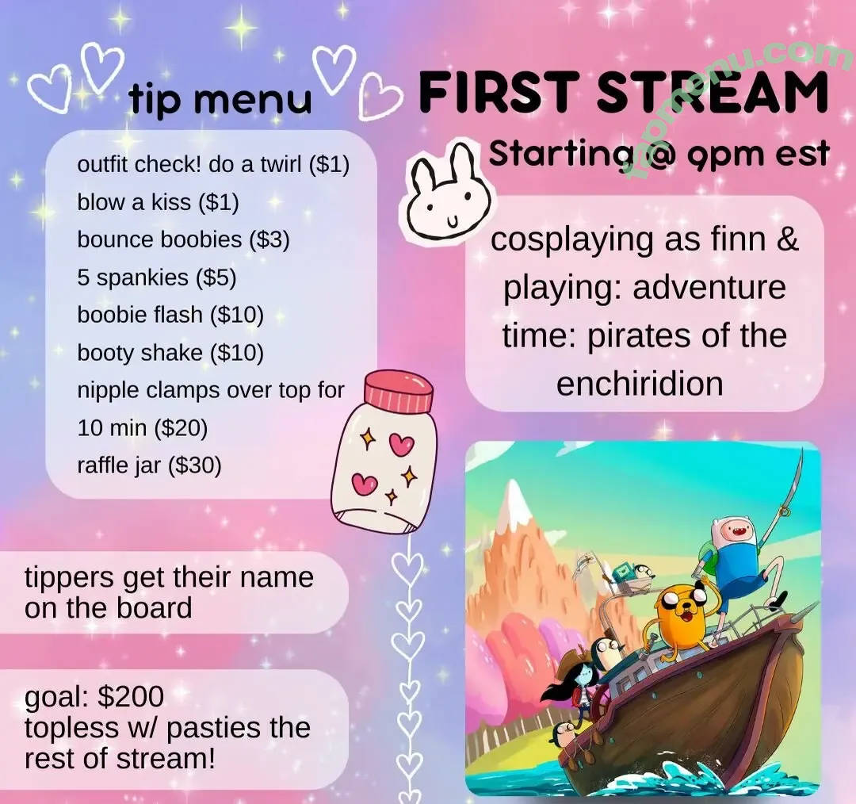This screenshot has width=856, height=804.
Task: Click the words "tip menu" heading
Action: coord(220,99)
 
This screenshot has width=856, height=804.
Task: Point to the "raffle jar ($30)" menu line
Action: coord(149,465)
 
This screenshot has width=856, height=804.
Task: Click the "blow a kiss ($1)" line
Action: coord(158,202)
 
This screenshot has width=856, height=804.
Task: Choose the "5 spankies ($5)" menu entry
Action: coord(157,278)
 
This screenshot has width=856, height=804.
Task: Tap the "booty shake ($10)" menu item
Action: coord(170,353)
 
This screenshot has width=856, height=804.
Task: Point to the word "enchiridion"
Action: coord(640,384)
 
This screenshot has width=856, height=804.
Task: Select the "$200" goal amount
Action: coord(131,696)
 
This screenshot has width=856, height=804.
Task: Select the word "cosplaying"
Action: coord(571,240)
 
